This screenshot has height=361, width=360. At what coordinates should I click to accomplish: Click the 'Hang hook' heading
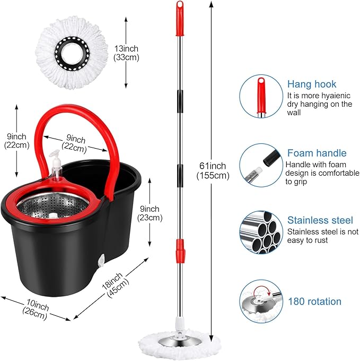click(312, 84)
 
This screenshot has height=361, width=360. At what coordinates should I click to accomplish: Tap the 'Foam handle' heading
click(317, 153)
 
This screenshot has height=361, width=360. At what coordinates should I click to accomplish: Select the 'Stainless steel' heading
click(320, 220)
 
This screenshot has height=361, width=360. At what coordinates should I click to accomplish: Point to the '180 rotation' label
click(315, 302)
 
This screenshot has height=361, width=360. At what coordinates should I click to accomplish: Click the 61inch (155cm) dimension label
click(212, 170)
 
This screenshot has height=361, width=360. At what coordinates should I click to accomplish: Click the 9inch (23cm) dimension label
click(150, 213)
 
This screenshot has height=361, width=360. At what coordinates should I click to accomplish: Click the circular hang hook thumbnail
click(260, 96)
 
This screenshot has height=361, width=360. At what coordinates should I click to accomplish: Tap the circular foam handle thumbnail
click(260, 165)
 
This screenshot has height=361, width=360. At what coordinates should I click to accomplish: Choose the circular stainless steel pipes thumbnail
click(260, 233)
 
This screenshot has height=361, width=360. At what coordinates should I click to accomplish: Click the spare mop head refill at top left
click(72, 51)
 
